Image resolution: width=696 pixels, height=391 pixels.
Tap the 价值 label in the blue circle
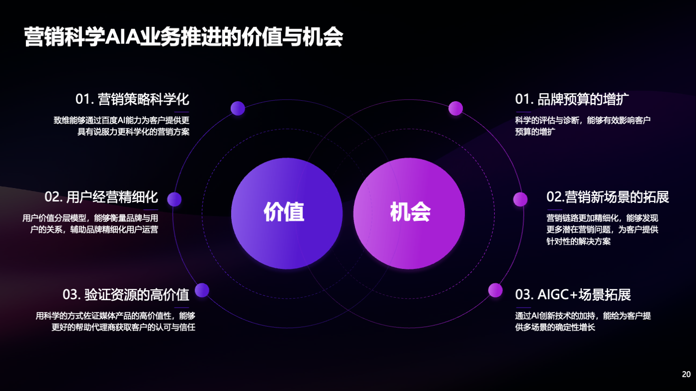coord(284,212)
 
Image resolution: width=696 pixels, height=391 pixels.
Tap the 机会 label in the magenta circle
coord(410,212)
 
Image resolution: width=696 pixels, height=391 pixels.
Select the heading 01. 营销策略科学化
coord(132,99)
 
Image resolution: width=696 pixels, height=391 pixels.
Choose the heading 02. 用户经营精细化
coord(101,197)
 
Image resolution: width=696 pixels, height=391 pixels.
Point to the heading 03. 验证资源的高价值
coord(126,294)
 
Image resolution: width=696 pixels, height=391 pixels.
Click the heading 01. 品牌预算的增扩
coord(572,99)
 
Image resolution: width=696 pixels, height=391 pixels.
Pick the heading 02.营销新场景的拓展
coord(608,197)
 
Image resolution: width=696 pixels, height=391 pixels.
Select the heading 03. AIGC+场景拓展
coord(573,294)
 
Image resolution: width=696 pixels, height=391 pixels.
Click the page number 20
coord(686,374)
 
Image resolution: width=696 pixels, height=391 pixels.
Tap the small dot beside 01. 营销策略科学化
coord(238,108)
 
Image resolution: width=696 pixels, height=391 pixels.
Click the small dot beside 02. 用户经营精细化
coord(174,199)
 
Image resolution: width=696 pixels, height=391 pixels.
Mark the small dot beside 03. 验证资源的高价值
coord(202,290)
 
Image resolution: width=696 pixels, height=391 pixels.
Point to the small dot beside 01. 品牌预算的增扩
coord(455,108)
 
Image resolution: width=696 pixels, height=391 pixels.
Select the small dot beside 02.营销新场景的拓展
coord(520,199)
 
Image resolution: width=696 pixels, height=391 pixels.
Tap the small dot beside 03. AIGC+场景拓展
coord(495,290)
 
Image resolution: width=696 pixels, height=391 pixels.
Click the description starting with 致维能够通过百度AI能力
coord(121,126)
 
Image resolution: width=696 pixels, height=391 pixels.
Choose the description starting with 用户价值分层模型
coord(90,224)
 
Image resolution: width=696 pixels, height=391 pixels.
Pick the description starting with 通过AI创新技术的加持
coord(583,322)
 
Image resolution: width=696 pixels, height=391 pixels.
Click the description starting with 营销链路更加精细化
coord(602,229)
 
